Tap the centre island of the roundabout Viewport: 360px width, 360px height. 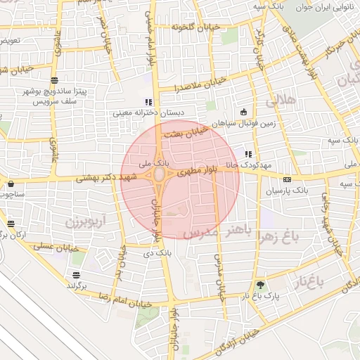[161, 173]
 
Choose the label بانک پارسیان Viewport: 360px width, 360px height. [288, 191]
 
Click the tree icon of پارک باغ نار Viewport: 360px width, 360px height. [261, 285]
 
